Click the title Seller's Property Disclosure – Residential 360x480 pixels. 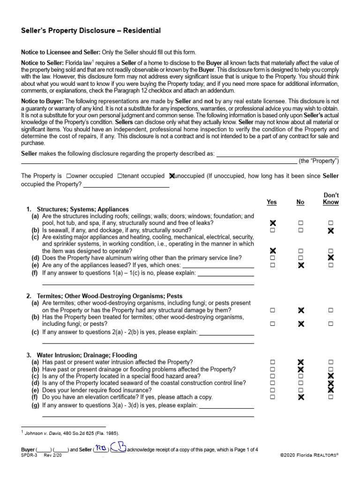[x=91, y=30]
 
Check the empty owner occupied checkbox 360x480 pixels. [x=69, y=176]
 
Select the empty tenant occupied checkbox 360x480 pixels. [x=120, y=176]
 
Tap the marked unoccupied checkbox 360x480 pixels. [x=172, y=176]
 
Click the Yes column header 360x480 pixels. [x=271, y=202]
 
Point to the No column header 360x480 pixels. [x=300, y=202]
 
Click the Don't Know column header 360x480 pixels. [x=331, y=199]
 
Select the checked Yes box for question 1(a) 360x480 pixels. [x=272, y=223]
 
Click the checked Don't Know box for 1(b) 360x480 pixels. [x=331, y=231]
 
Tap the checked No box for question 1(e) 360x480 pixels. [x=301, y=265]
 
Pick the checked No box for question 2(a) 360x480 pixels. [x=301, y=310]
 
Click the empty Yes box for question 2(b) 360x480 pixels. [x=272, y=324]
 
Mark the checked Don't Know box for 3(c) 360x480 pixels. [x=331, y=376]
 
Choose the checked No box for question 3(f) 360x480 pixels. [x=301, y=397]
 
